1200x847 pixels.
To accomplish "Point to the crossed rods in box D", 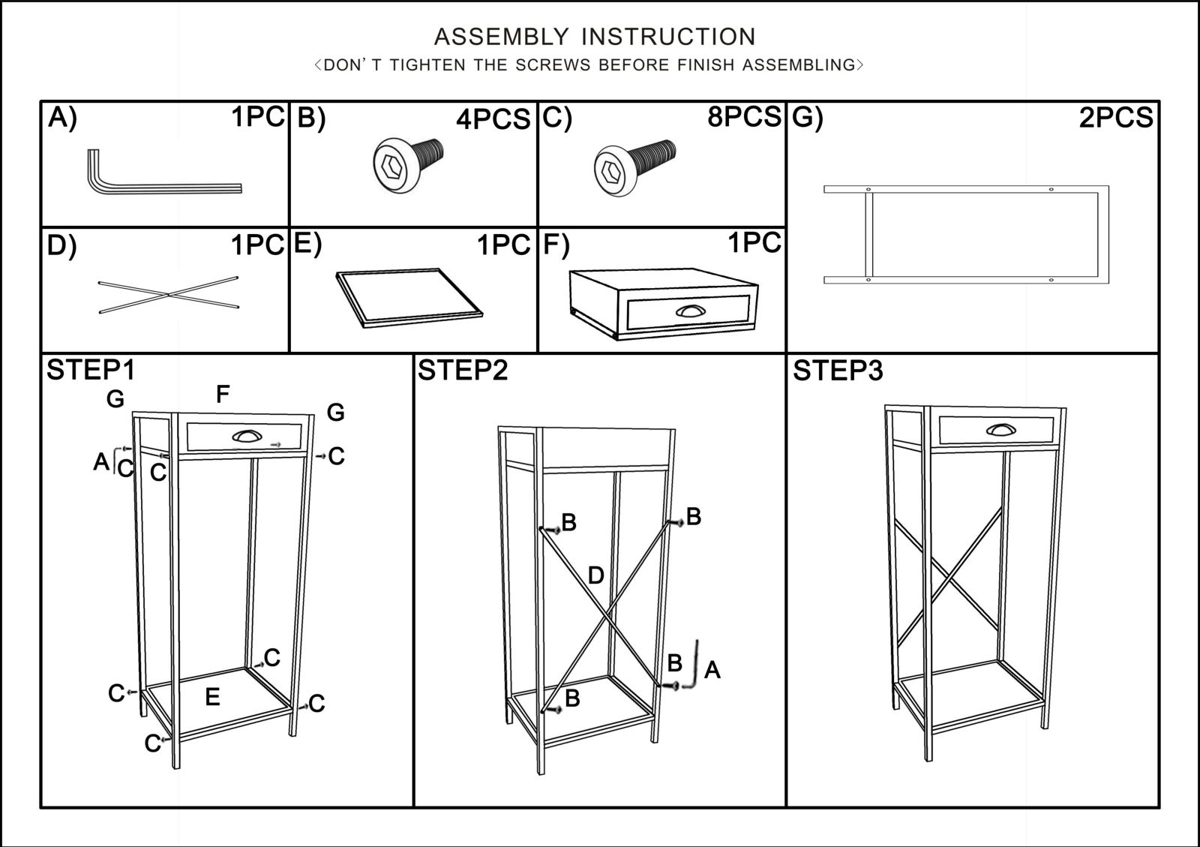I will click(x=169, y=295).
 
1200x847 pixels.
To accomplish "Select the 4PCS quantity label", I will click(x=493, y=119).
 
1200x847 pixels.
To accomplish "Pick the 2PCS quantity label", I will click(x=1115, y=118).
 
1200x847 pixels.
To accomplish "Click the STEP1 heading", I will click(x=91, y=371).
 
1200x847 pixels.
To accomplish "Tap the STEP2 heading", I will click(x=463, y=371).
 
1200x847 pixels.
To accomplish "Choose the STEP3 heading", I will click(x=838, y=371).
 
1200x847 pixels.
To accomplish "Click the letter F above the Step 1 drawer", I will click(x=223, y=394).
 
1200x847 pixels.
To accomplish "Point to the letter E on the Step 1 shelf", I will click(x=212, y=697).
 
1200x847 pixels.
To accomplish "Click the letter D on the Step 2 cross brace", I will click(x=595, y=576).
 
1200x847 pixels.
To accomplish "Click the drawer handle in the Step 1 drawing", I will click(x=246, y=436).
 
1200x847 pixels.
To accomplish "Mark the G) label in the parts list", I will click(x=807, y=119).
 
